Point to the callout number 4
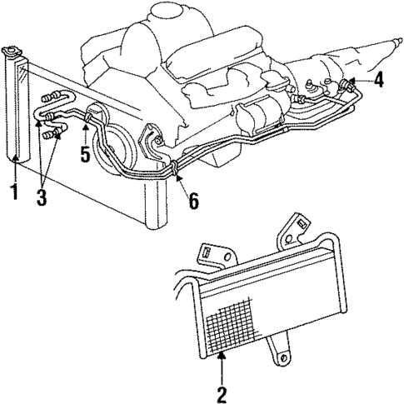pos(379,80)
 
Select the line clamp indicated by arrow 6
pos(177,171)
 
